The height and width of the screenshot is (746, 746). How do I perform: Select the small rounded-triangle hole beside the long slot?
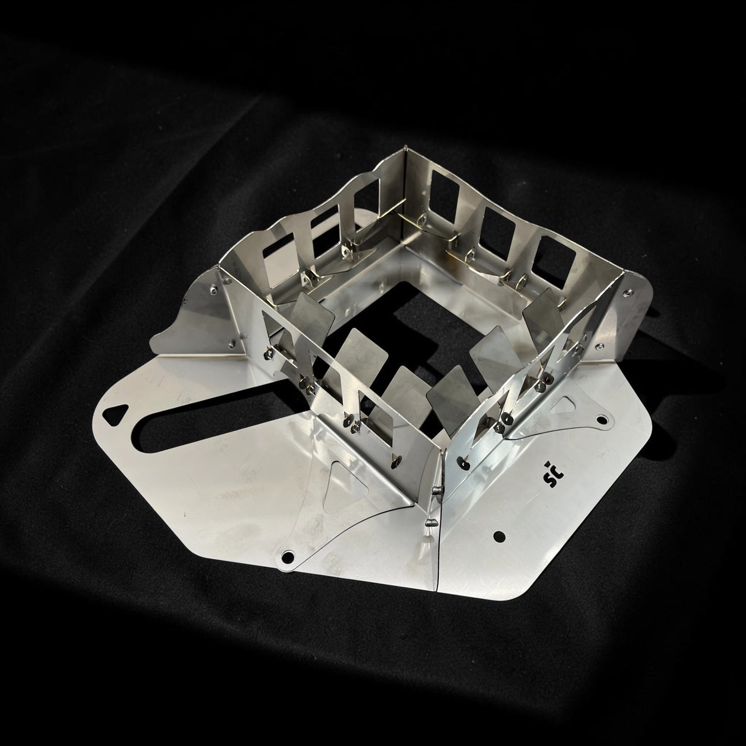[x=115, y=415]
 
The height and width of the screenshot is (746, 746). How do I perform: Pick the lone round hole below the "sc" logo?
[x=500, y=536]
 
